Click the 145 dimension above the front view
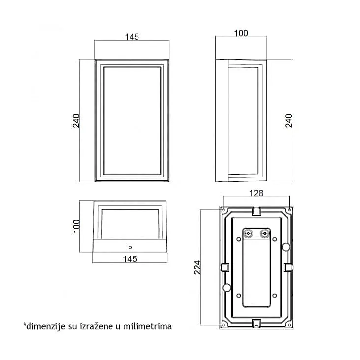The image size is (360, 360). pyautogui.click(x=132, y=37)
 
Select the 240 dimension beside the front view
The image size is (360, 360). pyautogui.click(x=76, y=121)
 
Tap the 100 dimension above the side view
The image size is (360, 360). pyautogui.click(x=241, y=33)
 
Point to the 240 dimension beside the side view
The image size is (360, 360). pyautogui.click(x=288, y=121)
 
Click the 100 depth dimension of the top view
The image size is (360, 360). pyautogui.click(x=76, y=226)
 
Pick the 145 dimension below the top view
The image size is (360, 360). pyautogui.click(x=130, y=259)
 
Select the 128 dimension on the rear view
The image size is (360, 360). pyautogui.click(x=256, y=193)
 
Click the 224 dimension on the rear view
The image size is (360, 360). pyautogui.click(x=197, y=267)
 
